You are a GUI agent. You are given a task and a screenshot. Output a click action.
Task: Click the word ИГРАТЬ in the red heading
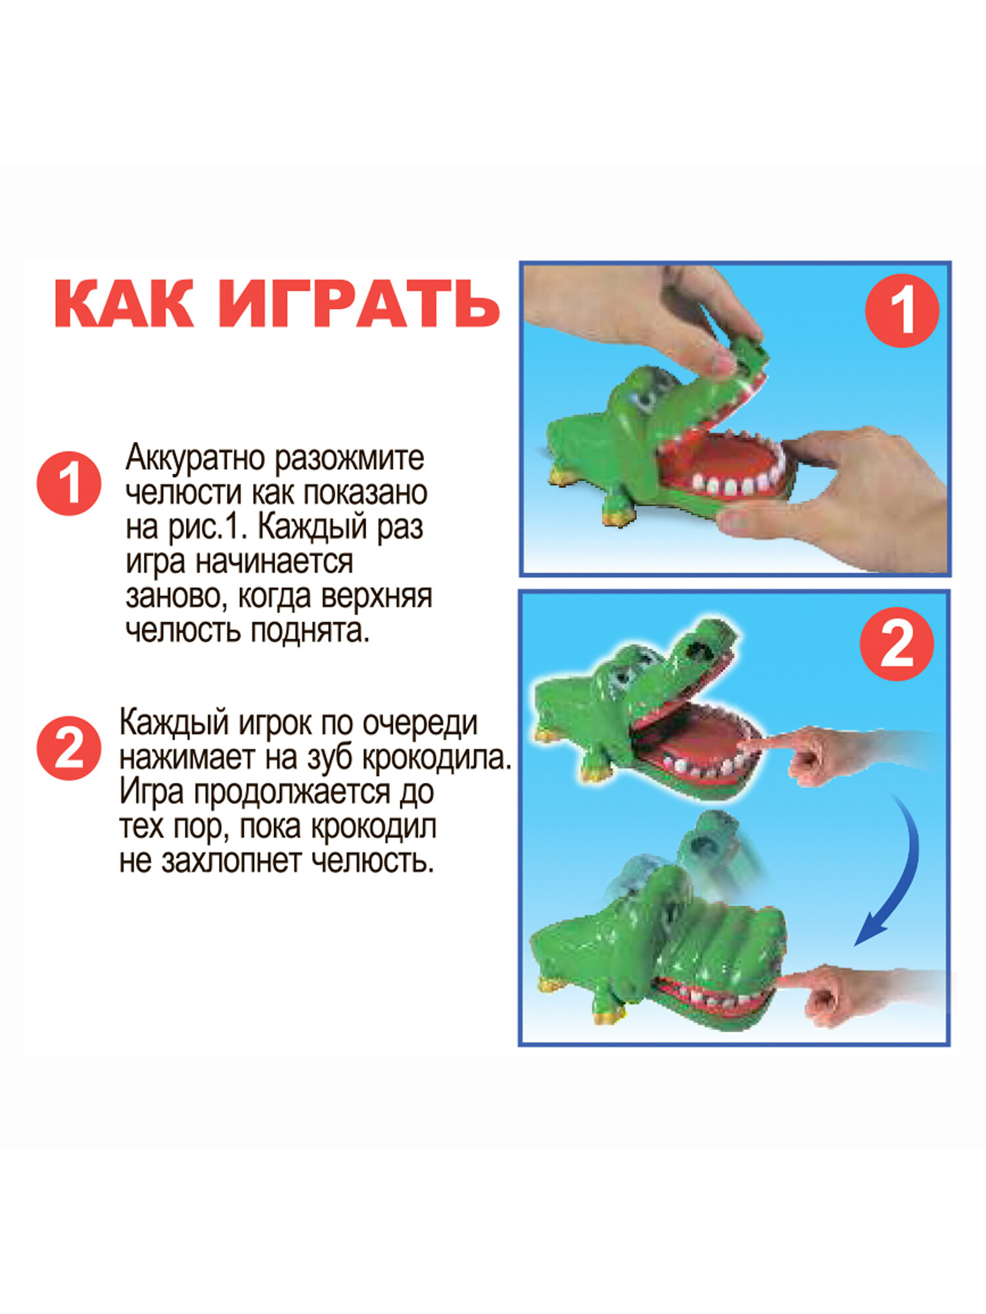359,304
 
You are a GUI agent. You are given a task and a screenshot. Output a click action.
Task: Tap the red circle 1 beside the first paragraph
68,483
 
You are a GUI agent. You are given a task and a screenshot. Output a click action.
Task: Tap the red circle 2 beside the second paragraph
68,748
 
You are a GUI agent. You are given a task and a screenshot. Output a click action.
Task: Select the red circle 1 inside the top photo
901,310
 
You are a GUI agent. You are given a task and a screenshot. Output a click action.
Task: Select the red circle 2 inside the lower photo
897,643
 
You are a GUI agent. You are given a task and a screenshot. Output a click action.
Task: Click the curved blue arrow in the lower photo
897,874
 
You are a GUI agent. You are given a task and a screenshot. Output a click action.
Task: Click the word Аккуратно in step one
198,457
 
